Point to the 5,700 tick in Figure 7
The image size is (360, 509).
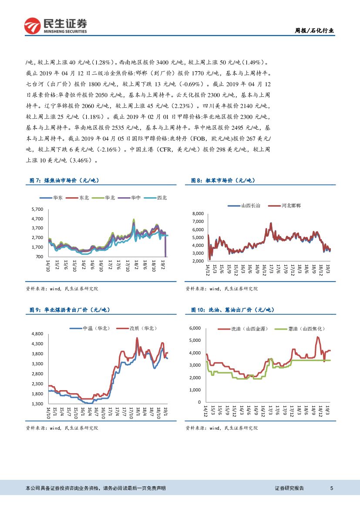pyautogui.click(x=37, y=209)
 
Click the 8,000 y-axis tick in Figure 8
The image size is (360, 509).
pyautogui.click(x=198, y=214)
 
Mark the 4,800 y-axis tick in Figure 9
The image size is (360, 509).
pyautogui.click(x=37, y=334)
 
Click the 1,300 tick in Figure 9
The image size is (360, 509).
pyautogui.click(x=37, y=404)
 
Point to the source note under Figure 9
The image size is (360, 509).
pyautogui.click(x=62, y=428)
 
